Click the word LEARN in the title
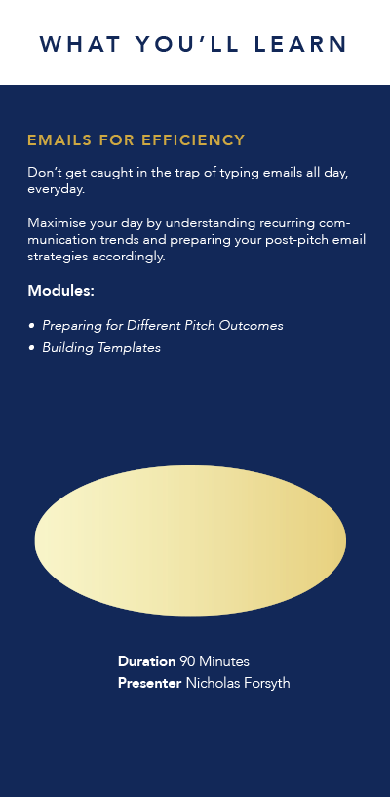(x=300, y=44)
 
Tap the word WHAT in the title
(x=80, y=44)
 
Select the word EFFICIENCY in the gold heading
(x=193, y=140)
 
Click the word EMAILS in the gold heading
(x=59, y=140)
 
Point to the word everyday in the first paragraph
(x=55, y=190)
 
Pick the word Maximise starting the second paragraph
(x=57, y=223)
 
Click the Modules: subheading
(x=60, y=291)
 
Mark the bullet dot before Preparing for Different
(x=32, y=326)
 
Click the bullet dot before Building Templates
(x=32, y=348)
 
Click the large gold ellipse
(x=190, y=540)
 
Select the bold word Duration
(x=147, y=661)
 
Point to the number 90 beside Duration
(x=187, y=661)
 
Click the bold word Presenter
(x=149, y=683)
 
